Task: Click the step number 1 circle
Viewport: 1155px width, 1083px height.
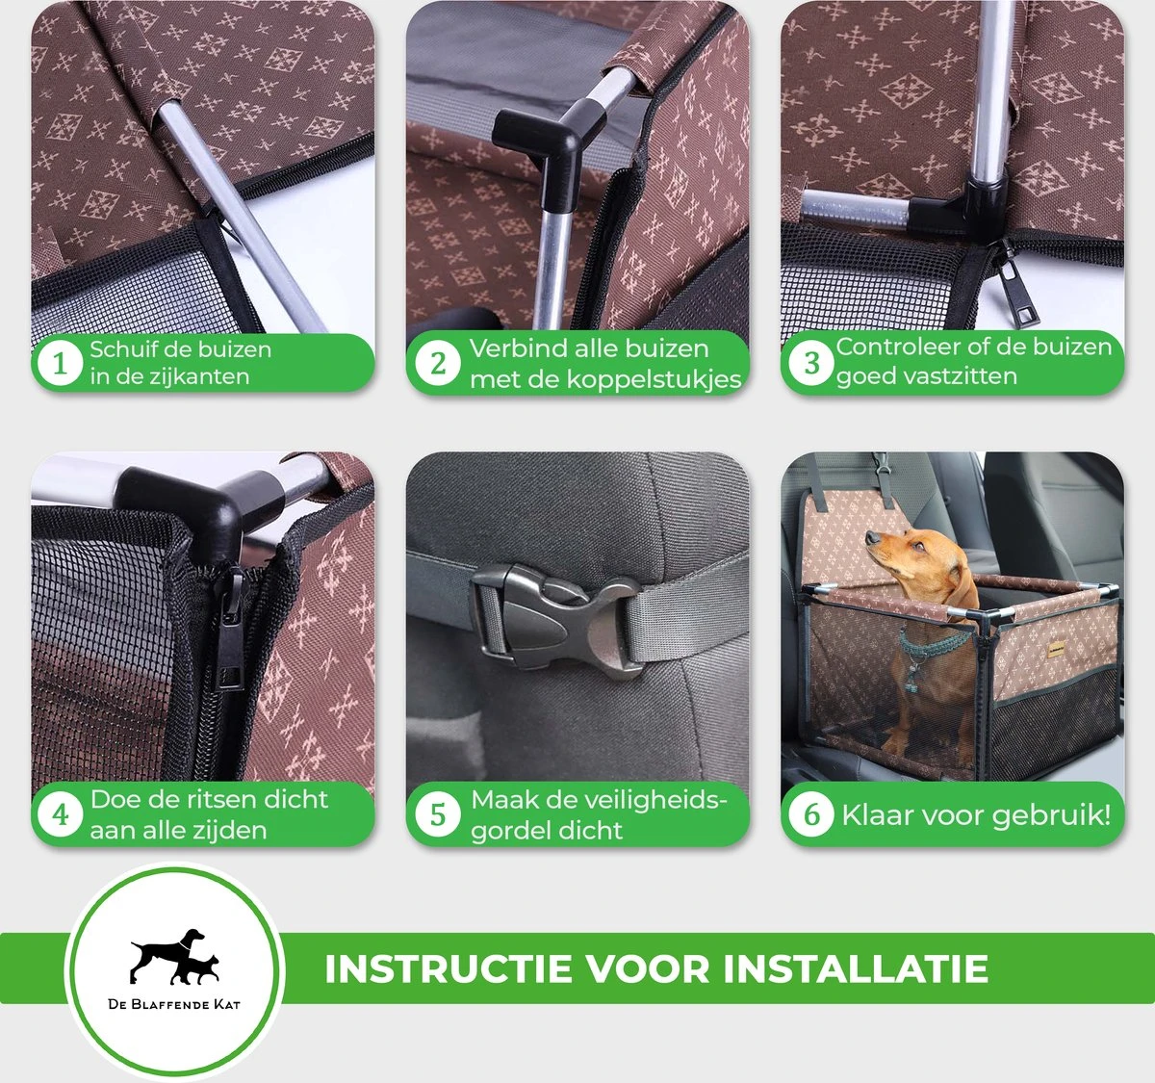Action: pyautogui.click(x=60, y=364)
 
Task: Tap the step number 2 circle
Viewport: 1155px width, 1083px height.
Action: pyautogui.click(x=437, y=364)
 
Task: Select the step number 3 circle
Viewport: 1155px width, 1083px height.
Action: pyautogui.click(x=811, y=364)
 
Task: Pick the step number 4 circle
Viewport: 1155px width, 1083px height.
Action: pyautogui.click(x=60, y=814)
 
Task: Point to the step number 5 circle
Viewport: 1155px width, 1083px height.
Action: pyautogui.click(x=437, y=814)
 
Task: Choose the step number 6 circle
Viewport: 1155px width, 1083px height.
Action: pyautogui.click(x=811, y=814)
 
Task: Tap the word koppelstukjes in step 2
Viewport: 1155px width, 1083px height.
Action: pyautogui.click(x=654, y=379)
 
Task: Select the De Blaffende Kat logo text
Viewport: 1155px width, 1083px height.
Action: pyautogui.click(x=174, y=1004)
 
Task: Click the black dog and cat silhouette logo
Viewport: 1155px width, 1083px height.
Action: pyautogui.click(x=174, y=956)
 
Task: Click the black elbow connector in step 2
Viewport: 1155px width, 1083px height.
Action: pyautogui.click(x=544, y=151)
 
